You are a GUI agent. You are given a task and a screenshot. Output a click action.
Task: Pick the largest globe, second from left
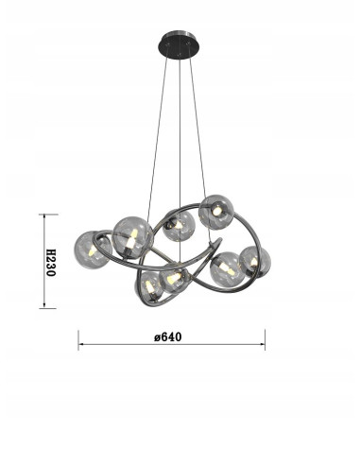[132, 236]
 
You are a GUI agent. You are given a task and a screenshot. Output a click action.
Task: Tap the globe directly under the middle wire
[178, 225]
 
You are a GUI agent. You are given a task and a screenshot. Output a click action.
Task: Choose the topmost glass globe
[216, 212]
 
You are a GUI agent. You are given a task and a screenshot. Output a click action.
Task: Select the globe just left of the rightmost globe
[228, 269]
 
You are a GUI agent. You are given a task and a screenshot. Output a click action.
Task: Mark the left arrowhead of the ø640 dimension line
[81, 345]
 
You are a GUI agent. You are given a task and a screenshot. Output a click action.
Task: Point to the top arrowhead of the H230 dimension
[41, 216]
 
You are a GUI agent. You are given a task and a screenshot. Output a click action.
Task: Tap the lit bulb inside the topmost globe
[215, 209]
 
